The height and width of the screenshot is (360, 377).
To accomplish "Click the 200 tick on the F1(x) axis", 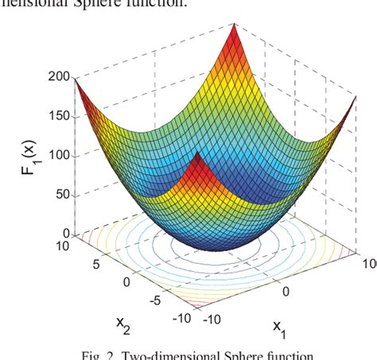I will pyautogui.click(x=59, y=77).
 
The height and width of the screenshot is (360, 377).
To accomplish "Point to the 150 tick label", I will pyautogui.click(x=59, y=116).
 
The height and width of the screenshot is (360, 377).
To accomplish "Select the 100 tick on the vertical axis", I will pyautogui.click(x=59, y=155).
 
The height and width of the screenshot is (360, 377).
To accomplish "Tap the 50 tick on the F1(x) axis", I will pyautogui.click(x=62, y=195).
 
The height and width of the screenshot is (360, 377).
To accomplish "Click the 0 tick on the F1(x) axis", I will pyautogui.click(x=66, y=234).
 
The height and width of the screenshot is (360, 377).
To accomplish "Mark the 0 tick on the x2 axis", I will pyautogui.click(x=125, y=281).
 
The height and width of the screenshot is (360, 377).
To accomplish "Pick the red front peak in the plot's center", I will pyautogui.click(x=196, y=159).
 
